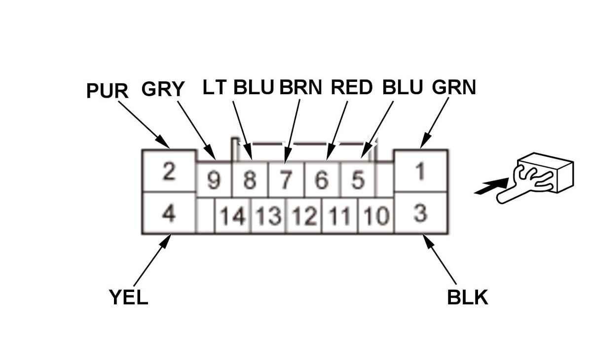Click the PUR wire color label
tap(107, 91)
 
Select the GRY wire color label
tap(163, 89)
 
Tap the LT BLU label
tap(238, 87)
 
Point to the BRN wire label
tap(300, 87)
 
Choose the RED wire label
tap(351, 87)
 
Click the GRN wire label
tap(454, 87)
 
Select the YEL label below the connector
tap(128, 297)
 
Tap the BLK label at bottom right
tap(467, 297)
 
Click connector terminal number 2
tap(169, 172)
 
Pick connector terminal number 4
tap(169, 214)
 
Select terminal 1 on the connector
tap(420, 172)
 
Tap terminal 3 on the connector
tap(420, 214)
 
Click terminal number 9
tap(214, 180)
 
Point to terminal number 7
tap(286, 180)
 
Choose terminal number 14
tap(233, 216)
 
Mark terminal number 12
tap(304, 216)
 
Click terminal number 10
tap(376, 216)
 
